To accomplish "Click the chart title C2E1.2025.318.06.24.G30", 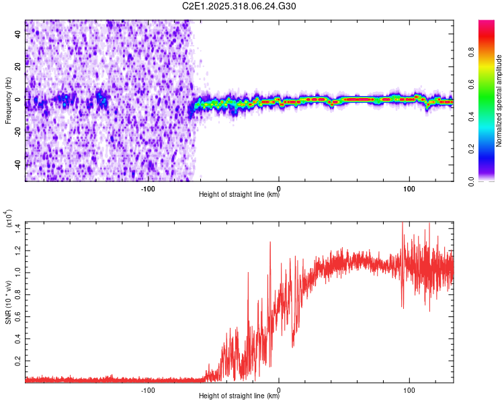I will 239,6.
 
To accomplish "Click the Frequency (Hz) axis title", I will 9,101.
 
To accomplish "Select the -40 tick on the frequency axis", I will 17,165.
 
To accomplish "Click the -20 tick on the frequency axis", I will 17,132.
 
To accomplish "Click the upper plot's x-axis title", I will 239,195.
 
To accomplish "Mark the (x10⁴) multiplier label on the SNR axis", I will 9,219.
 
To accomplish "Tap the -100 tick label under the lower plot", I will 148,390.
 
